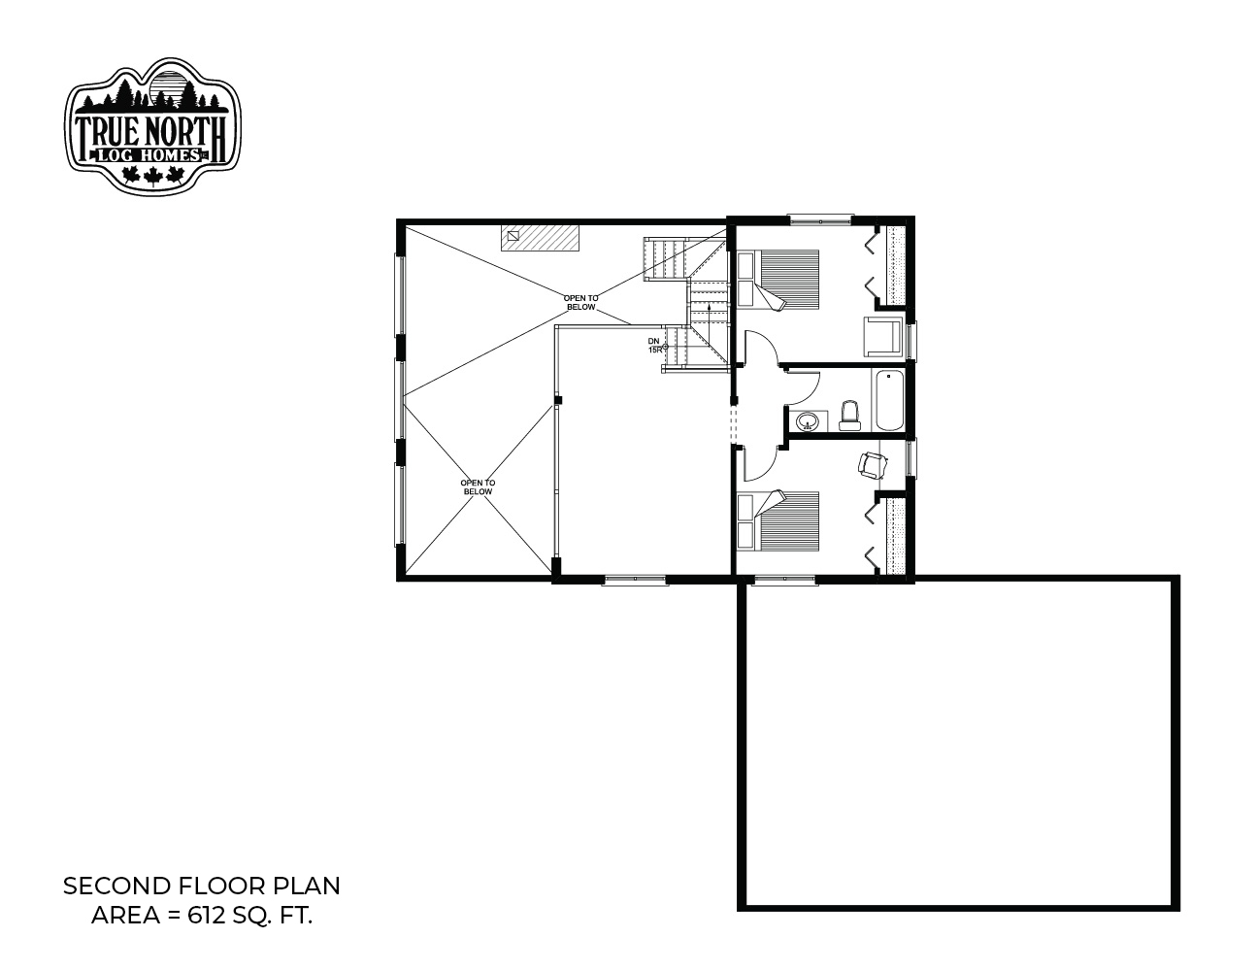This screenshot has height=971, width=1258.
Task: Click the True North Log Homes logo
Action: tap(152, 125)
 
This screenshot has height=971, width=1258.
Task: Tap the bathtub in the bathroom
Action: tap(889, 400)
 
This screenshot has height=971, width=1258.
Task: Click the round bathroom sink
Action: tap(807, 421)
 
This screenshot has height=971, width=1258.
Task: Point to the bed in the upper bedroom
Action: tap(778, 279)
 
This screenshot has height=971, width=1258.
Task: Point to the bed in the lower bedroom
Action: tap(778, 521)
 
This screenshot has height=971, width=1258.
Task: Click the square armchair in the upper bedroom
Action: tap(883, 336)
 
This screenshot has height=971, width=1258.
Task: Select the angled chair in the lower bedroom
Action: tap(873, 466)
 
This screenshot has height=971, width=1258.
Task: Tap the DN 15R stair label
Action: tap(654, 346)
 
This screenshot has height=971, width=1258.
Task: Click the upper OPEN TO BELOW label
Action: tap(580, 302)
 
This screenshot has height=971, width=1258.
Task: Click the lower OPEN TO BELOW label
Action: tap(478, 486)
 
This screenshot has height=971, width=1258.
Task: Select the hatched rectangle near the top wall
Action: tap(540, 237)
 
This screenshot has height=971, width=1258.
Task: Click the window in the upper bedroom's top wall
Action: tap(820, 218)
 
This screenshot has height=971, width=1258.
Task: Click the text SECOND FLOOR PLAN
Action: tap(202, 887)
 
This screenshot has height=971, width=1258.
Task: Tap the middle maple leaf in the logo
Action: tap(152, 176)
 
